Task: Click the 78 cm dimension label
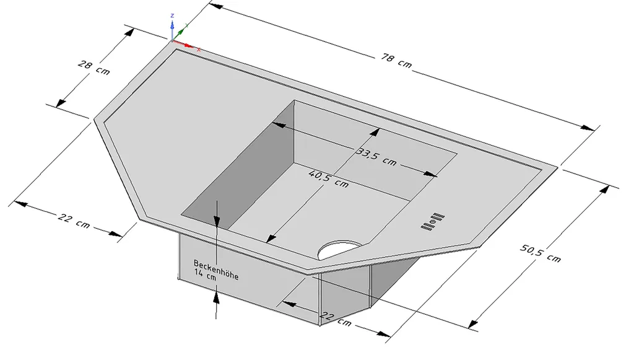click(396, 60)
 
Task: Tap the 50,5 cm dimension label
click(541, 251)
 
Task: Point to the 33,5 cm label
click(376, 156)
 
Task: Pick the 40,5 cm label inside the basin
click(328, 179)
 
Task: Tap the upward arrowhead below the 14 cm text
click(216, 297)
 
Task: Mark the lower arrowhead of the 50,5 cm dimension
click(474, 323)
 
